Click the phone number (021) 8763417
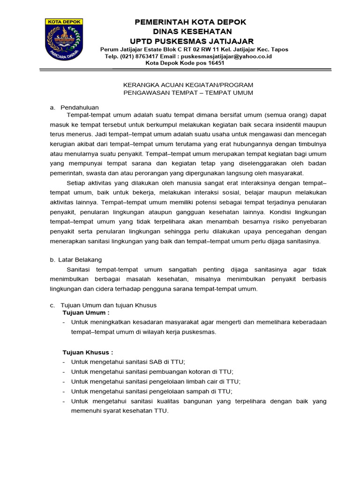pyautogui.click(x=142, y=56)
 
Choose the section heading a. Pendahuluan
pyautogui.click(x=75, y=107)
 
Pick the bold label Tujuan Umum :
pyautogui.click(x=86, y=312)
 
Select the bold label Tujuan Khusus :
pyautogui.click(x=88, y=352)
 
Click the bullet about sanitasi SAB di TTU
pyautogui.click(x=128, y=361)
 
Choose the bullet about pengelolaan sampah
pyautogui.click(x=151, y=391)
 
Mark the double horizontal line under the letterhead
pyautogui.click(x=187, y=70)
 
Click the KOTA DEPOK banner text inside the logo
pyautogui.click(x=64, y=22)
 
